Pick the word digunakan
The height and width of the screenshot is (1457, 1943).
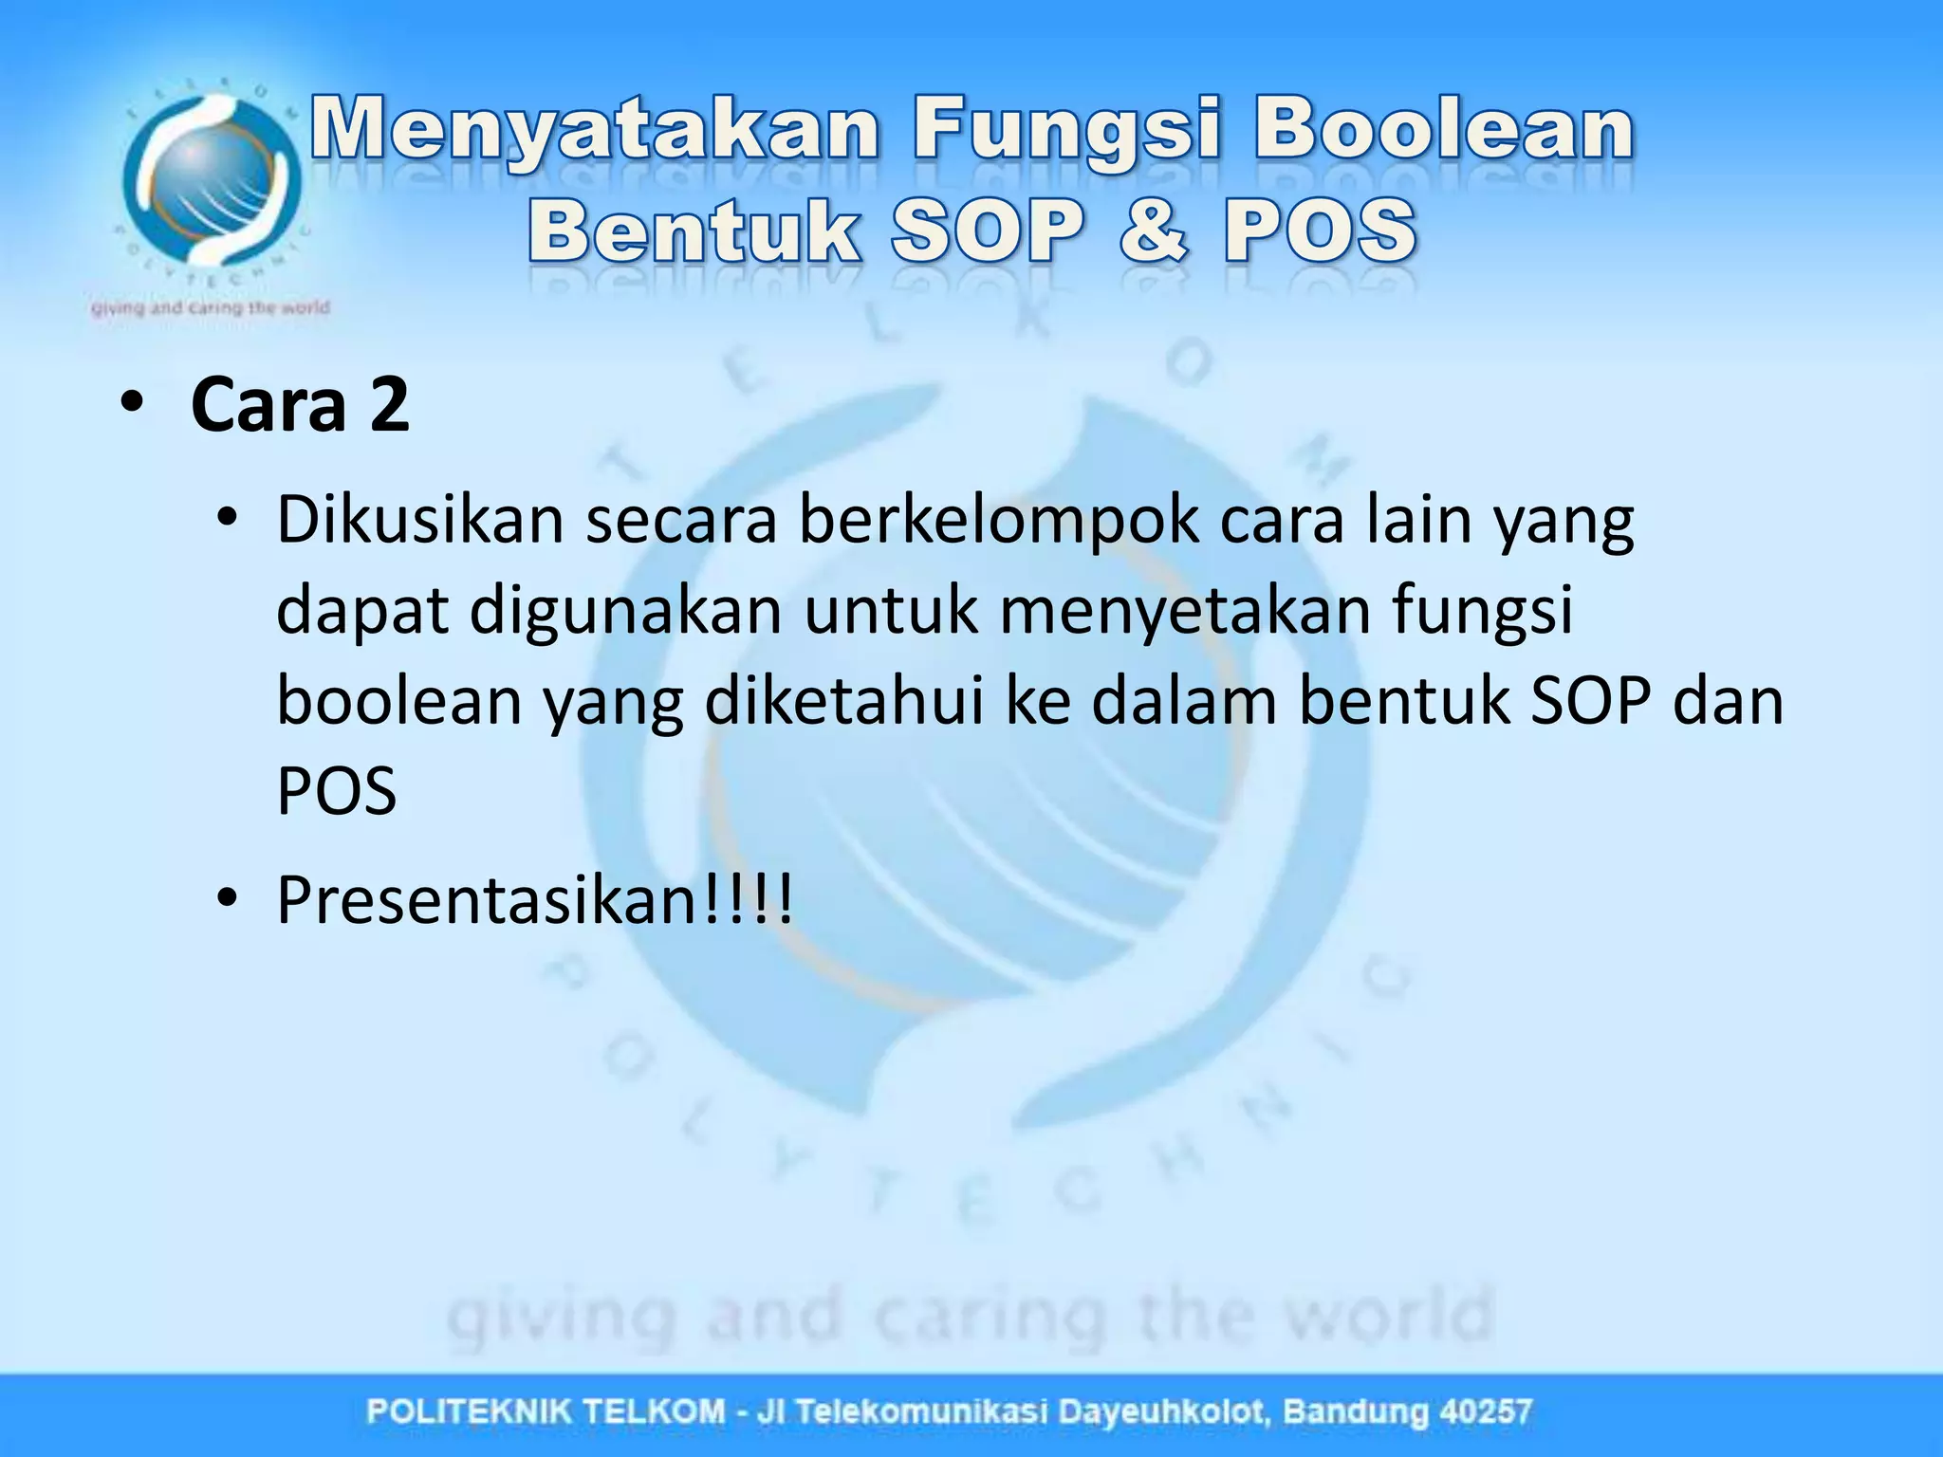625,611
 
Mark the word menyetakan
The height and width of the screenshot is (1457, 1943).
1185,611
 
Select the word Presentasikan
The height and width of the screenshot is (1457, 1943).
489,900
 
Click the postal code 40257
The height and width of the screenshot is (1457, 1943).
1485,1411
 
